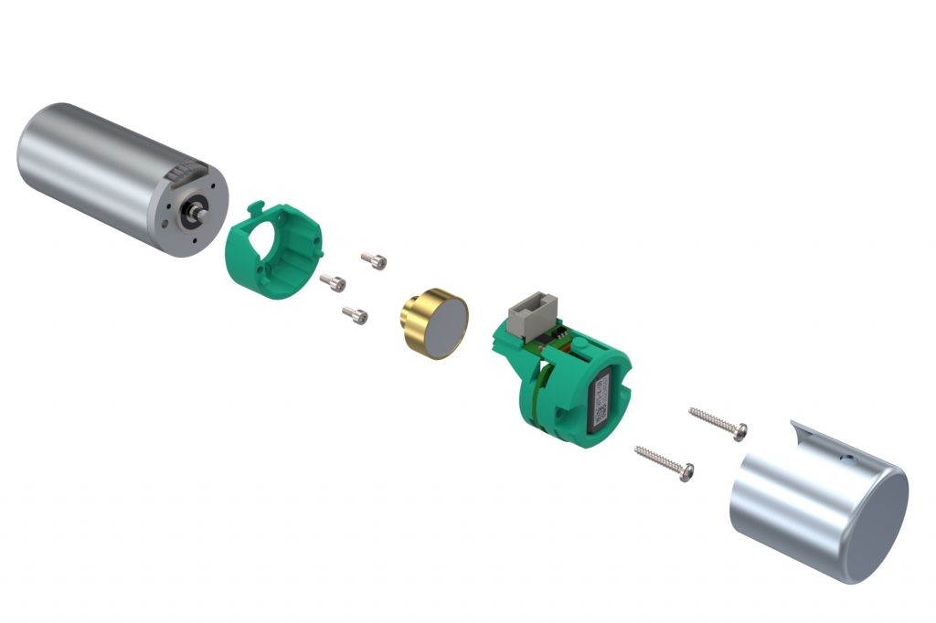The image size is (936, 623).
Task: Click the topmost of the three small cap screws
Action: (375, 260)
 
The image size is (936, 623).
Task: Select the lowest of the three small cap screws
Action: (356, 316)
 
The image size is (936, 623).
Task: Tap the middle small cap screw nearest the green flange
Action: (334, 283)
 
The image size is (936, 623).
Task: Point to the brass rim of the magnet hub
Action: (416, 323)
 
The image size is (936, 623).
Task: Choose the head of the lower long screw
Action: (686, 471)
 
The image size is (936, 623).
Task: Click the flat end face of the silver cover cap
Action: (878, 525)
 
